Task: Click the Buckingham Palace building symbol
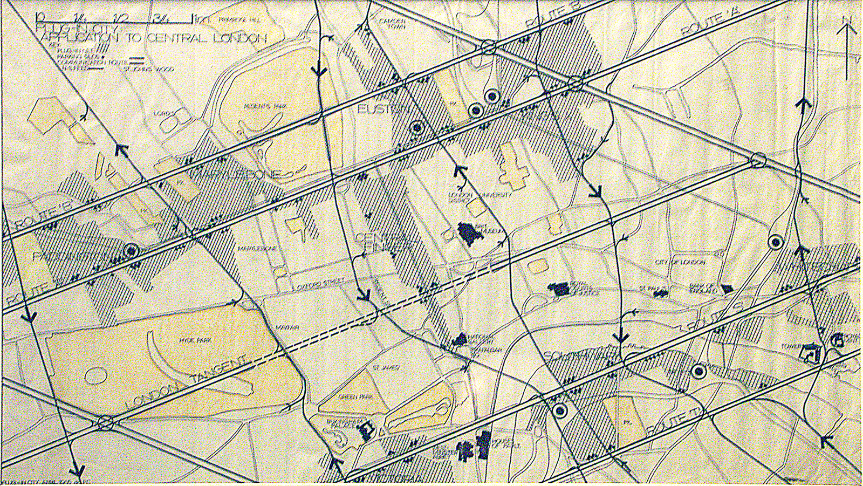(x=369, y=430)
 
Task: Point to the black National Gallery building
(x=460, y=339)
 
